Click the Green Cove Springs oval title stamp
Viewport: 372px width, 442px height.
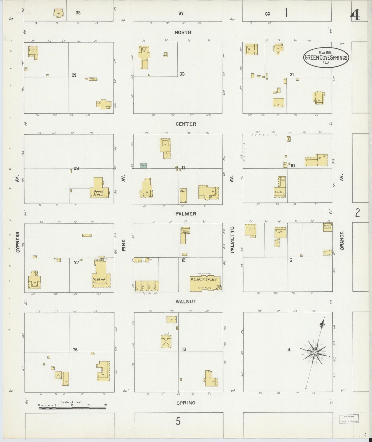pos(326,57)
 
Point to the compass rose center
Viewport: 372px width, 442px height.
pos(315,352)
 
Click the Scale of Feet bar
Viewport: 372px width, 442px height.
pos(72,408)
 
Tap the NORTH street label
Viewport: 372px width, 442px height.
pos(183,32)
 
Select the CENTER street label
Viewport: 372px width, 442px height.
pos(186,124)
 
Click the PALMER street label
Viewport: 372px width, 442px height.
pos(186,214)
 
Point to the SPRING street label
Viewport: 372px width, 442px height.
pos(186,403)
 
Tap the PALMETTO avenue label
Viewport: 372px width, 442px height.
pos(232,240)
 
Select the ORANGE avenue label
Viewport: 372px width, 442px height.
pos(342,240)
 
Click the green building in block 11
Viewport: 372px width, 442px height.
pos(143,166)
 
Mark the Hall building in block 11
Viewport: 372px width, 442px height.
pos(183,196)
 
